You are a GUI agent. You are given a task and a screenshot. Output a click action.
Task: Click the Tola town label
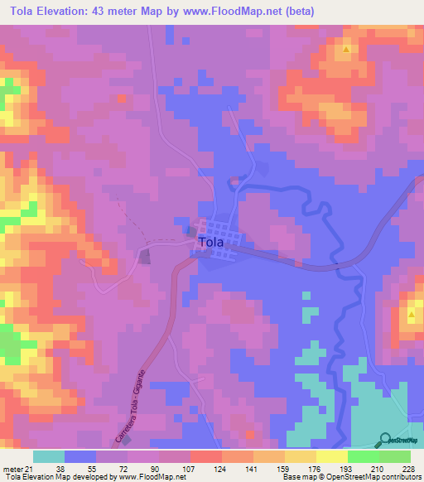point(210,243)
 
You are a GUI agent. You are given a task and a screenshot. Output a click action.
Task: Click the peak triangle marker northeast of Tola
point(346,49)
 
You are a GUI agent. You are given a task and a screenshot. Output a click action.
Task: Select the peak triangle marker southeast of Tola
point(412,315)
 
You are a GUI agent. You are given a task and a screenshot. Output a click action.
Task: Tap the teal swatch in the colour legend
point(49,456)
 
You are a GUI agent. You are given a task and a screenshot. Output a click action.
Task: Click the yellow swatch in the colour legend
point(332,456)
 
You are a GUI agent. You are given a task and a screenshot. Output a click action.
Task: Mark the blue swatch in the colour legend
point(80,456)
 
